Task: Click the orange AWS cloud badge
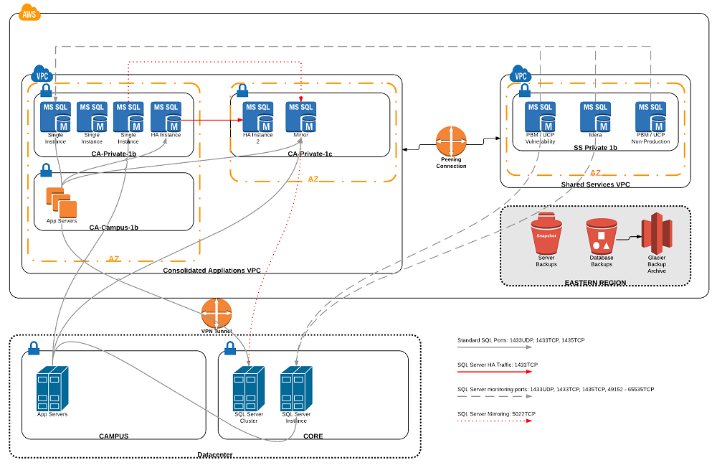coord(29,13)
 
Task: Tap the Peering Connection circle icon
coord(451,141)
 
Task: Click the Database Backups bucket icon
coord(601,235)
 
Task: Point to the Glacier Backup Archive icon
coord(656,233)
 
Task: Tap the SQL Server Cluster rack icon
coord(248,388)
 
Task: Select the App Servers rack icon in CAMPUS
coord(52,388)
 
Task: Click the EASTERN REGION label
coord(594,284)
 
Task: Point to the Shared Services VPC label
coord(594,184)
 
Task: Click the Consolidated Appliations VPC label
coord(212,271)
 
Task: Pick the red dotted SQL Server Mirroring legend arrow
coord(495,421)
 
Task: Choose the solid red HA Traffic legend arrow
coord(495,372)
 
